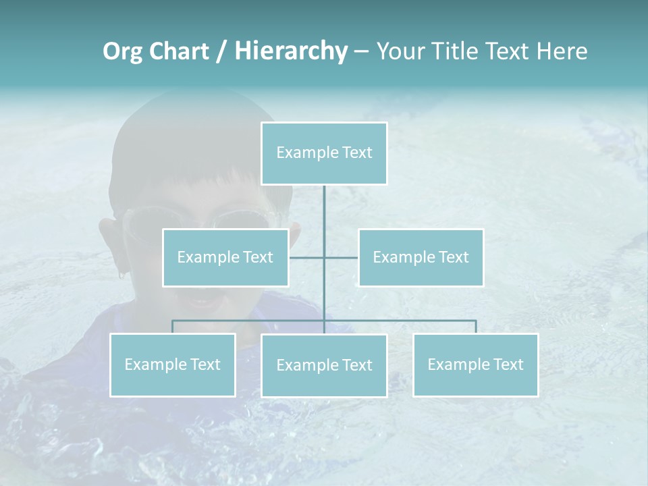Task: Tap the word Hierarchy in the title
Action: click(291, 51)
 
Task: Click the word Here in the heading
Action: click(562, 51)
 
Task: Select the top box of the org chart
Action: click(324, 153)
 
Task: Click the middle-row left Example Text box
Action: click(225, 257)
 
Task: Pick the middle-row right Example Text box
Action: click(421, 257)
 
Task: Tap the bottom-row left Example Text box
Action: click(172, 364)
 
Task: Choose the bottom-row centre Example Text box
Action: click(324, 365)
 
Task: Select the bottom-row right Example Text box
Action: click(475, 364)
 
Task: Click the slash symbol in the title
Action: click(221, 51)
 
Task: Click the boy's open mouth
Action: click(202, 297)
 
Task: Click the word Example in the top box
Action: click(307, 153)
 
